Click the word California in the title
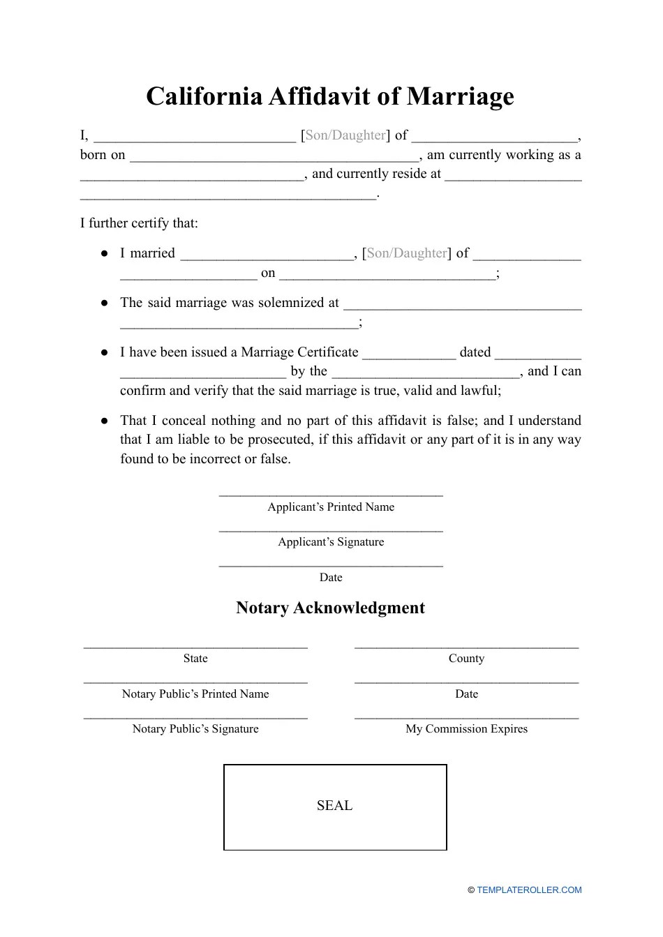coord(204,96)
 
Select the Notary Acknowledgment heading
coord(330,608)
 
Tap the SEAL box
coord(335,807)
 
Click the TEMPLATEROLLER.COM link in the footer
coord(529,890)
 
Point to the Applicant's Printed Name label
coord(331,507)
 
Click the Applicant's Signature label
coord(331,542)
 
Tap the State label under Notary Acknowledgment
coord(195,659)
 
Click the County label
coord(466,659)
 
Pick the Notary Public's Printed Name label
coord(195,694)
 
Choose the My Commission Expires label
coord(466,729)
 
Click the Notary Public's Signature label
coord(195,729)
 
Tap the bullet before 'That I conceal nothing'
coord(104,421)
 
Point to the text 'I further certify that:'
coord(139,223)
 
